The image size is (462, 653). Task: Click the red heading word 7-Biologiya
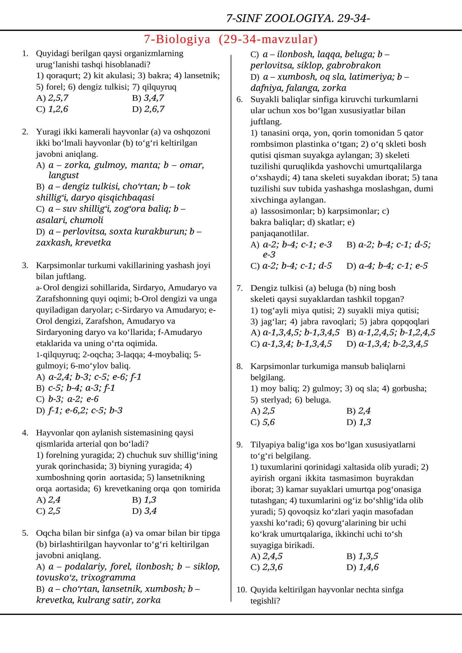pos(177,39)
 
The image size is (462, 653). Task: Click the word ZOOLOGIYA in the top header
pos(299,18)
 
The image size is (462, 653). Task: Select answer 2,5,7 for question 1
pos(58,98)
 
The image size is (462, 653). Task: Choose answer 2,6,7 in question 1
pos(154,109)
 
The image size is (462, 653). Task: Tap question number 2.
pos(25,132)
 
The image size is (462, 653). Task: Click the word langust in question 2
pos(64,175)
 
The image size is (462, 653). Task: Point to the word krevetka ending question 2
pos(93,242)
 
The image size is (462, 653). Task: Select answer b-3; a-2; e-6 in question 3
pos(73,399)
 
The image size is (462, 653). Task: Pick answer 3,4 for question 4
pos(150,511)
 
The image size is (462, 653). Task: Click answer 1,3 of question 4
pos(150,500)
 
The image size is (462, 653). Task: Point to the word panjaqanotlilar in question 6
pos(279,233)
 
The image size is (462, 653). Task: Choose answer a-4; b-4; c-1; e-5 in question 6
pos(393,266)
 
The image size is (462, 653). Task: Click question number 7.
pos(239,288)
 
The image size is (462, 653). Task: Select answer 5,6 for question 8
pos(269,422)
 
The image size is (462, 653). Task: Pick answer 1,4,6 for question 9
pos(368,567)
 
